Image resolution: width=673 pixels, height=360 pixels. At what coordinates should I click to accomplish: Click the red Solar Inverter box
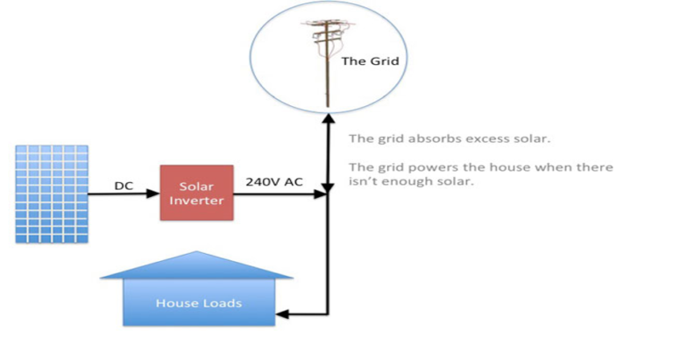(x=196, y=194)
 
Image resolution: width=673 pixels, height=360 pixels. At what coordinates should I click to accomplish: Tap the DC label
(x=123, y=185)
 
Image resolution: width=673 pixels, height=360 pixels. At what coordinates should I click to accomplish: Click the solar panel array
(x=52, y=194)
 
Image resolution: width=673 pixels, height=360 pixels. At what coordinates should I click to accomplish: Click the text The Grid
(x=363, y=61)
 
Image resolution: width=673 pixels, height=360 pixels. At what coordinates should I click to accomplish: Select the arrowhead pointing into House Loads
(x=282, y=313)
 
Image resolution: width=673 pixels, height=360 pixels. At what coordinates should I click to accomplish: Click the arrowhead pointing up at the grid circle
(x=327, y=116)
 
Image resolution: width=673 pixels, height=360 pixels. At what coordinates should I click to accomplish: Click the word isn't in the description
(x=360, y=183)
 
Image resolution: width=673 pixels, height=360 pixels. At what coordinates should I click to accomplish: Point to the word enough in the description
(x=403, y=183)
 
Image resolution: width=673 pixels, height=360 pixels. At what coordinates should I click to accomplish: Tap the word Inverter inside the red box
(x=196, y=201)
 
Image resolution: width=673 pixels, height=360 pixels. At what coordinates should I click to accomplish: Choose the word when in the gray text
(x=553, y=167)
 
